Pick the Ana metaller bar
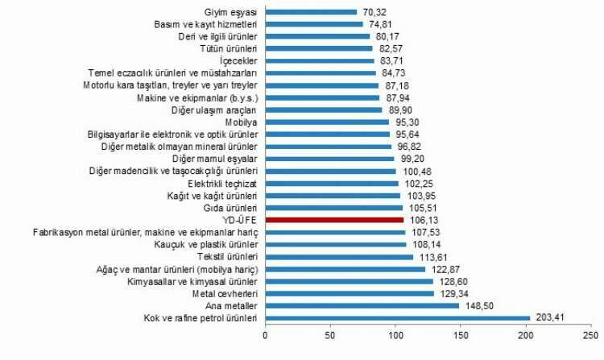point(362,305)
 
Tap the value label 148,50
point(478,305)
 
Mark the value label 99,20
point(414,159)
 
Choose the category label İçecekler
point(238,61)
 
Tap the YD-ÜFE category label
point(240,219)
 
